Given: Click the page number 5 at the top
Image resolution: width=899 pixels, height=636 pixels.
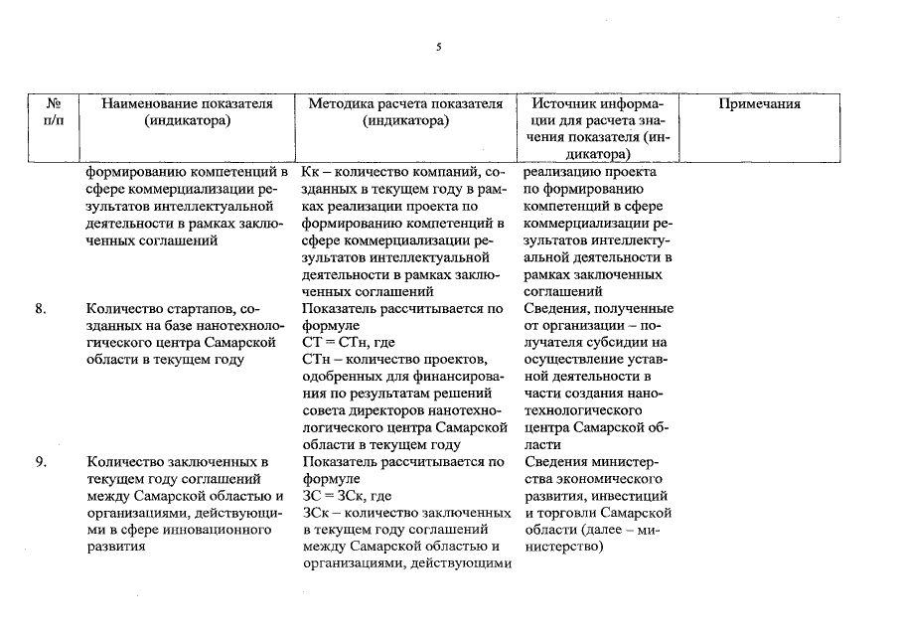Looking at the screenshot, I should (x=438, y=47).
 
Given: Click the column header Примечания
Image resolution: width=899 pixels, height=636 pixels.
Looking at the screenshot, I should (x=759, y=104).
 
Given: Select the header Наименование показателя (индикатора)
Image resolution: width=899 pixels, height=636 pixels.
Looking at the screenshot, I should (x=188, y=112).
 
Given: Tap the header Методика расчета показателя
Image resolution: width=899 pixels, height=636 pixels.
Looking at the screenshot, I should (x=405, y=104).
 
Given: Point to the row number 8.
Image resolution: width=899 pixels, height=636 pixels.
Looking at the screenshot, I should (x=41, y=309).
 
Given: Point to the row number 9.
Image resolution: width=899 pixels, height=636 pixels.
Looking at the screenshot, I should (x=41, y=462).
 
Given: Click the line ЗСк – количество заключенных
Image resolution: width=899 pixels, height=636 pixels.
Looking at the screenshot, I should (x=403, y=512).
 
